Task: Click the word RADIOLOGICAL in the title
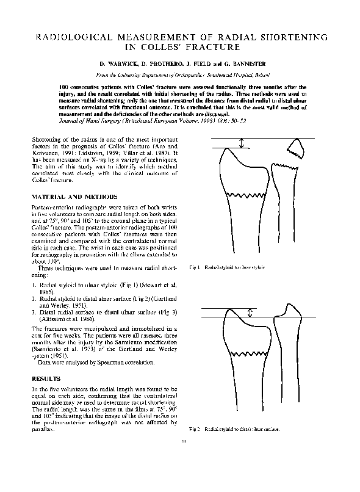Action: coord(74,37)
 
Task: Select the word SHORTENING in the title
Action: coord(295,37)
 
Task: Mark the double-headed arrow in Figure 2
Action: coord(250,315)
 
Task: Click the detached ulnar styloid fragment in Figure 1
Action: coord(297,147)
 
